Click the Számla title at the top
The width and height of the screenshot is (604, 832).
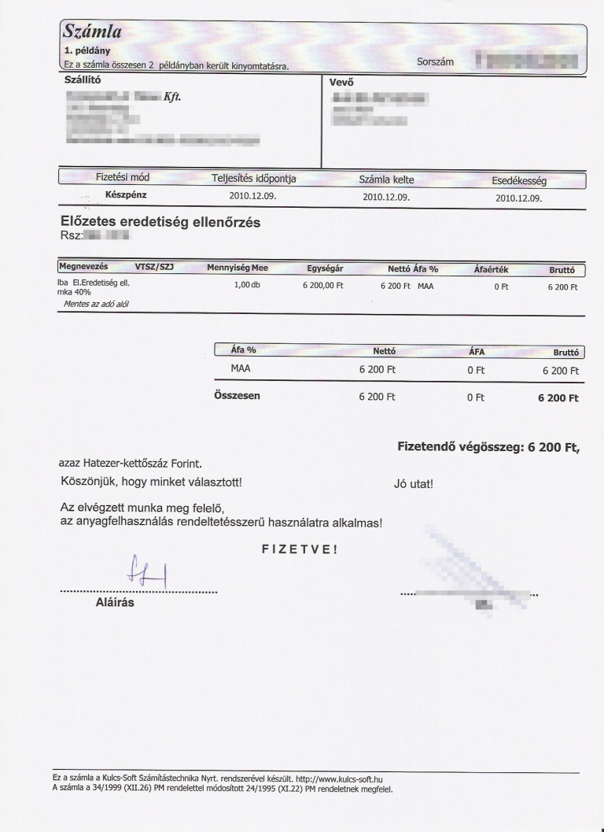click(x=91, y=32)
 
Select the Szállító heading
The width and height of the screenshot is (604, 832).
click(x=82, y=80)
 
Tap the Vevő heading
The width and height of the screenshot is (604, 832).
click(x=341, y=80)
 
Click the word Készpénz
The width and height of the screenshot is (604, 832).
click(x=126, y=194)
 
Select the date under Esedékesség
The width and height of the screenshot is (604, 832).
click(x=518, y=198)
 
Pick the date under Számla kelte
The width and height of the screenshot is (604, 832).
click(x=386, y=197)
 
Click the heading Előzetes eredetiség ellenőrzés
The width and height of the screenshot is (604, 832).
click(x=160, y=223)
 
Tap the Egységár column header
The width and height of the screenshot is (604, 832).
click(x=324, y=268)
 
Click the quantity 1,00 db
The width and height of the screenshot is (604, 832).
click(x=247, y=285)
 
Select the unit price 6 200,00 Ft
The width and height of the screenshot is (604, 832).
click(x=323, y=287)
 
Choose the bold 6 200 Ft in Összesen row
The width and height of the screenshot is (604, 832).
click(x=558, y=398)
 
